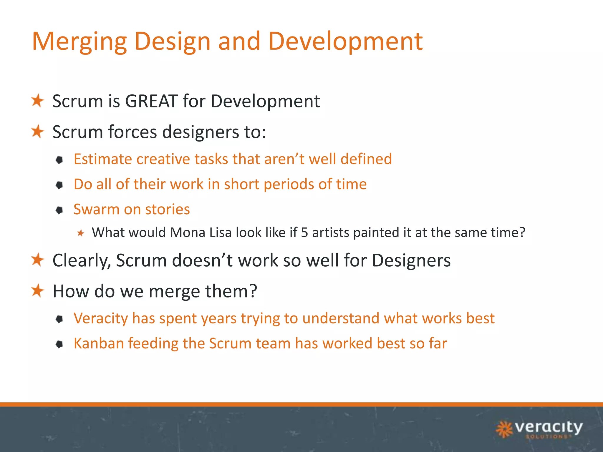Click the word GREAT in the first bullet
(151, 101)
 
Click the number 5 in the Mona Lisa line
(304, 232)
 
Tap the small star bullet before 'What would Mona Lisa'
(81, 233)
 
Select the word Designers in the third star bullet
(411, 261)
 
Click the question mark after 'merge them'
(253, 291)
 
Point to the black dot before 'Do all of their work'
(59, 185)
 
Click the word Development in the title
(345, 42)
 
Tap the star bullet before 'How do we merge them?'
(38, 291)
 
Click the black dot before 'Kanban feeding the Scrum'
(59, 344)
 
